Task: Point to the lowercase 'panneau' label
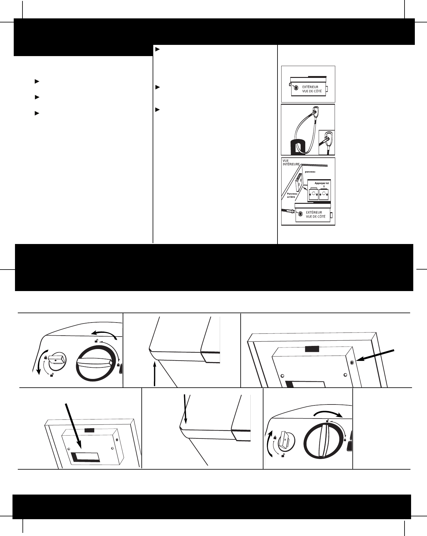tap(310, 172)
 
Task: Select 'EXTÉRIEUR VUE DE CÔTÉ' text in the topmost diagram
tap(312, 89)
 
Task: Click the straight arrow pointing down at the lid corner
tap(186, 408)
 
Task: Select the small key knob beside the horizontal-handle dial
tap(56, 361)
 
